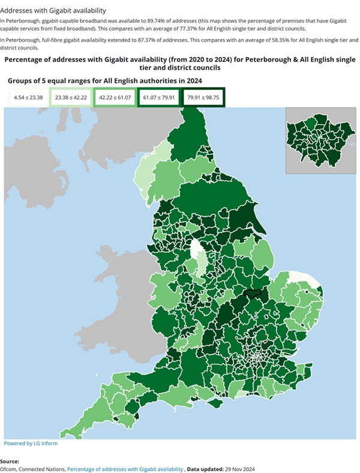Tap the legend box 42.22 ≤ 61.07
pyautogui.click(x=115, y=97)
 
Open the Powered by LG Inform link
pyautogui.click(x=31, y=444)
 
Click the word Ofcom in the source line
pyautogui.click(x=13, y=468)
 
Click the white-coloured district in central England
pyautogui.click(x=196, y=250)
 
